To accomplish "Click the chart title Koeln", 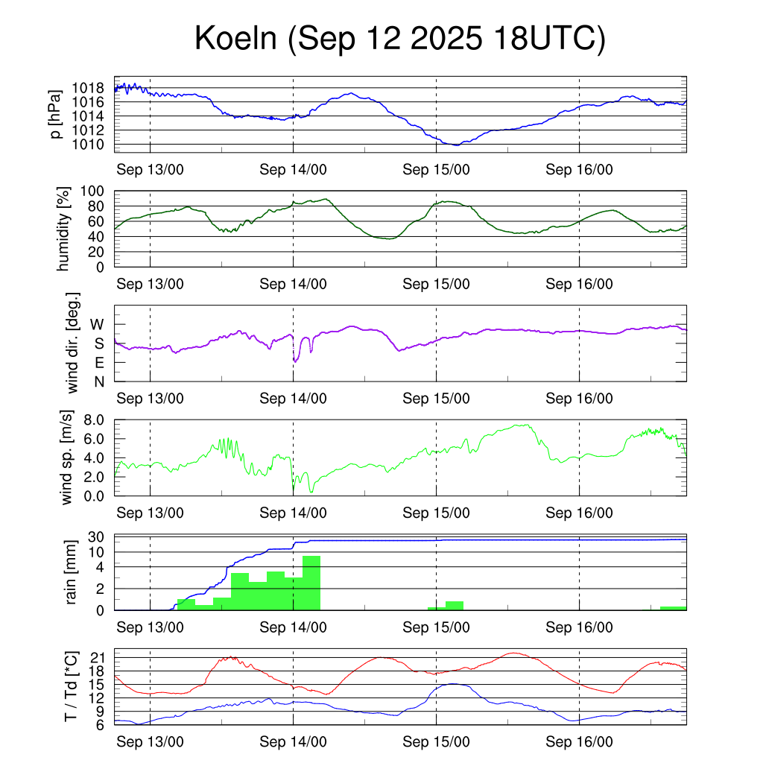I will point(399,39).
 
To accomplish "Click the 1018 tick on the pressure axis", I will point(92,88).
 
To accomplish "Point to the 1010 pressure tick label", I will point(92,144).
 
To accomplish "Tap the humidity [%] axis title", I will point(66,229).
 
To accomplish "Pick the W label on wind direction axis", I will point(97,324).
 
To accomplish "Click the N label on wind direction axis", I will point(98,381).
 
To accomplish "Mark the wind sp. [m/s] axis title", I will point(68,458).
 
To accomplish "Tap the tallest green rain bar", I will point(311,583).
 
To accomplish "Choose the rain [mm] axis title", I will point(71,572).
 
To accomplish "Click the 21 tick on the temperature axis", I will point(97,657).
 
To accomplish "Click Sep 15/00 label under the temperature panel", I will point(436,741).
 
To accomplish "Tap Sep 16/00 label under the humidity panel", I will point(579,284).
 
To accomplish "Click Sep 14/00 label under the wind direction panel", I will point(293,399).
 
